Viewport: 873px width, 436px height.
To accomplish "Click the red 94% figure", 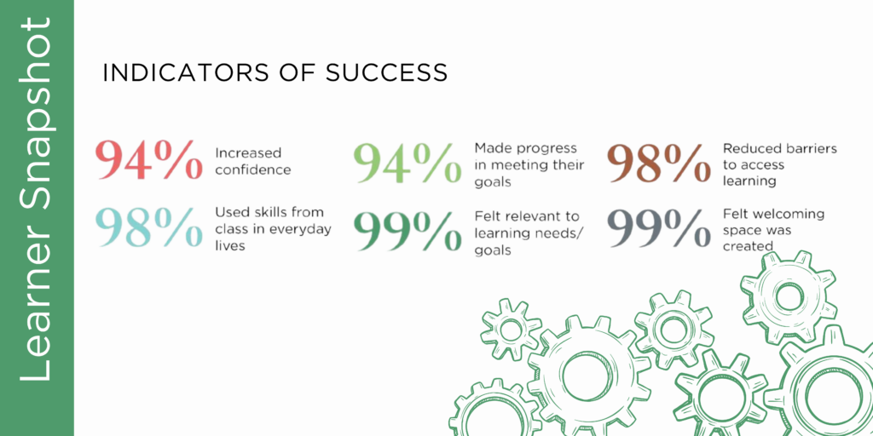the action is click(x=148, y=160).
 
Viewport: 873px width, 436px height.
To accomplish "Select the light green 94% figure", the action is click(x=408, y=163).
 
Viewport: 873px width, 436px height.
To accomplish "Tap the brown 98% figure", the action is click(x=659, y=163).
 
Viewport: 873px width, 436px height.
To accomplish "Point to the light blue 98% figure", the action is click(x=150, y=227).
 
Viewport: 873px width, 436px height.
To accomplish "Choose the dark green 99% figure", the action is click(x=408, y=230).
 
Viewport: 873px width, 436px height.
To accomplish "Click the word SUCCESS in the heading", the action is click(x=386, y=73).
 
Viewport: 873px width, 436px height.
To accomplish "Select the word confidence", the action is click(x=252, y=169).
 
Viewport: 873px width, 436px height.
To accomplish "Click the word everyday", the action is click(x=305, y=228).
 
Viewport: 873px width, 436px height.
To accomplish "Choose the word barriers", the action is click(x=811, y=148).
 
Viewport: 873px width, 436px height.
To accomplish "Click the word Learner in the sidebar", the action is click(x=36, y=325).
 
